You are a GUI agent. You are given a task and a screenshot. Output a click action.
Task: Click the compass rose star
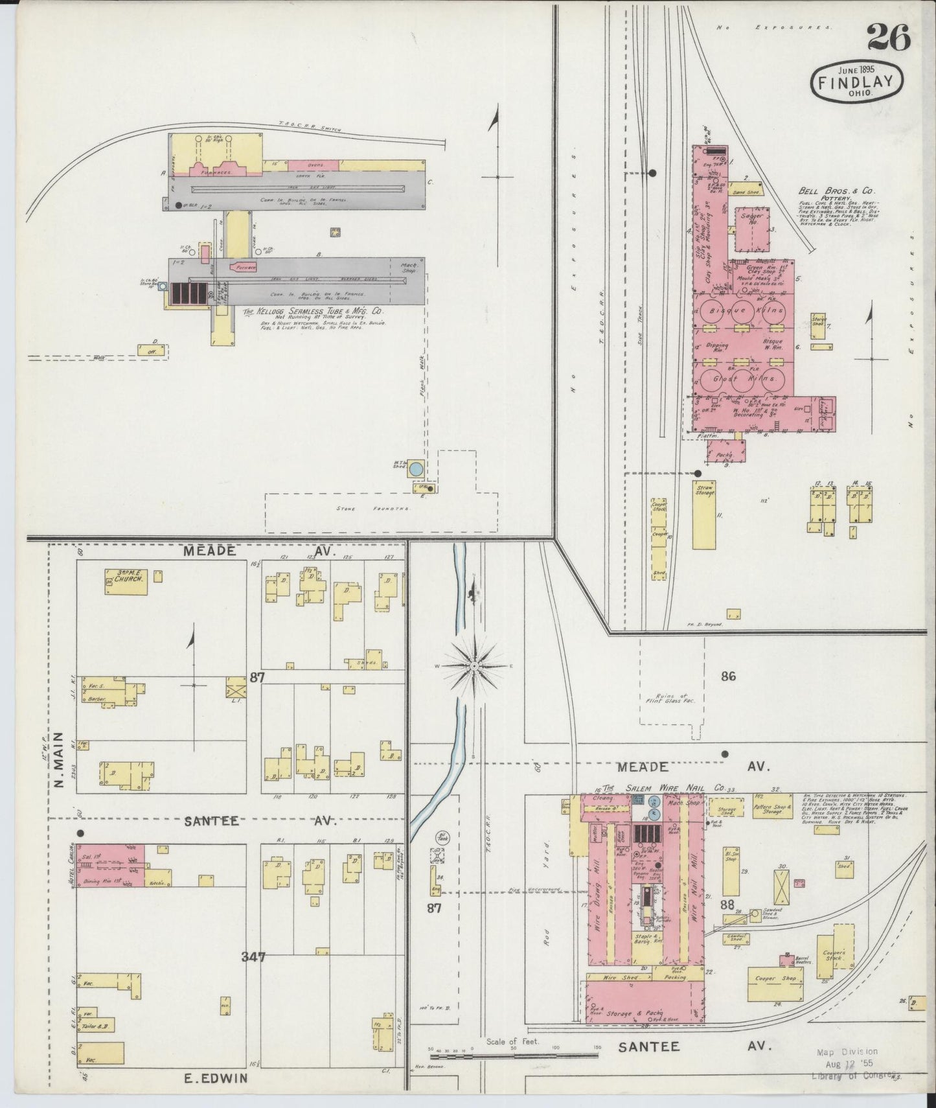(x=475, y=665)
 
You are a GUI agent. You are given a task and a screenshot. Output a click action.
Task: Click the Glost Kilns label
(x=743, y=378)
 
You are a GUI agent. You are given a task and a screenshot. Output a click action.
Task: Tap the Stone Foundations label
(x=373, y=509)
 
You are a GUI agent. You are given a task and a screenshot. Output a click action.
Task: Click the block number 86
(x=729, y=676)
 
